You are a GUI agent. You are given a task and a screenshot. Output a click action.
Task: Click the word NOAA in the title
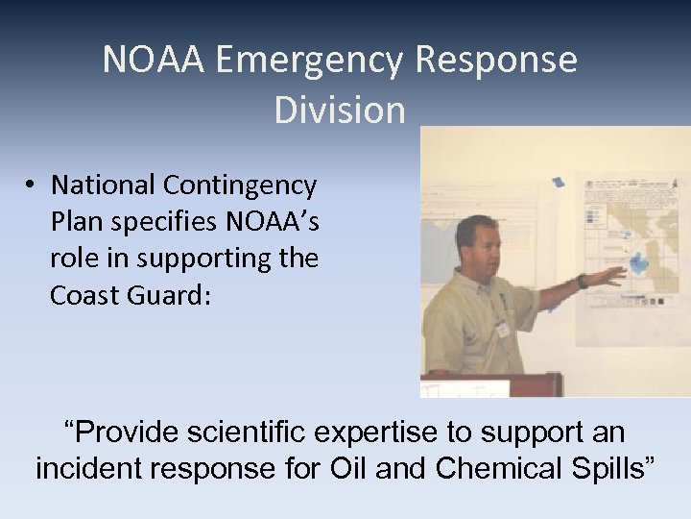click(154, 61)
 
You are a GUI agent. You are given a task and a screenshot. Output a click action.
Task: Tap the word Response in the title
click(496, 61)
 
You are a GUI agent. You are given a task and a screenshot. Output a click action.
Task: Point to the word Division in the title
click(340, 111)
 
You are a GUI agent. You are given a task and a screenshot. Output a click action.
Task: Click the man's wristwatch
click(582, 282)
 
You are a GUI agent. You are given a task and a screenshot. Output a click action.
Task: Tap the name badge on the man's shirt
click(500, 327)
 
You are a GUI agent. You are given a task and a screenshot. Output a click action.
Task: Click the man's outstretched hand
click(610, 277)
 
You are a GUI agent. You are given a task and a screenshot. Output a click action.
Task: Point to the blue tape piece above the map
click(558, 181)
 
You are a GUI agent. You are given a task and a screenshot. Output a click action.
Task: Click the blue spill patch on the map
click(638, 259)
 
